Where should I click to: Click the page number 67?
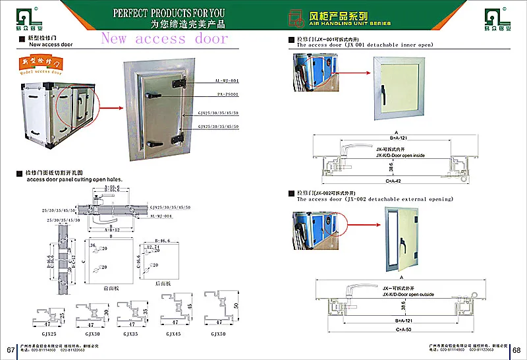pos(10,349)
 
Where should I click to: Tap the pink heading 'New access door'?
pos(164,38)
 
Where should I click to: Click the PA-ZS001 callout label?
pos(208,97)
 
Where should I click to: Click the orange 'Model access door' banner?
pos(38,65)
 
